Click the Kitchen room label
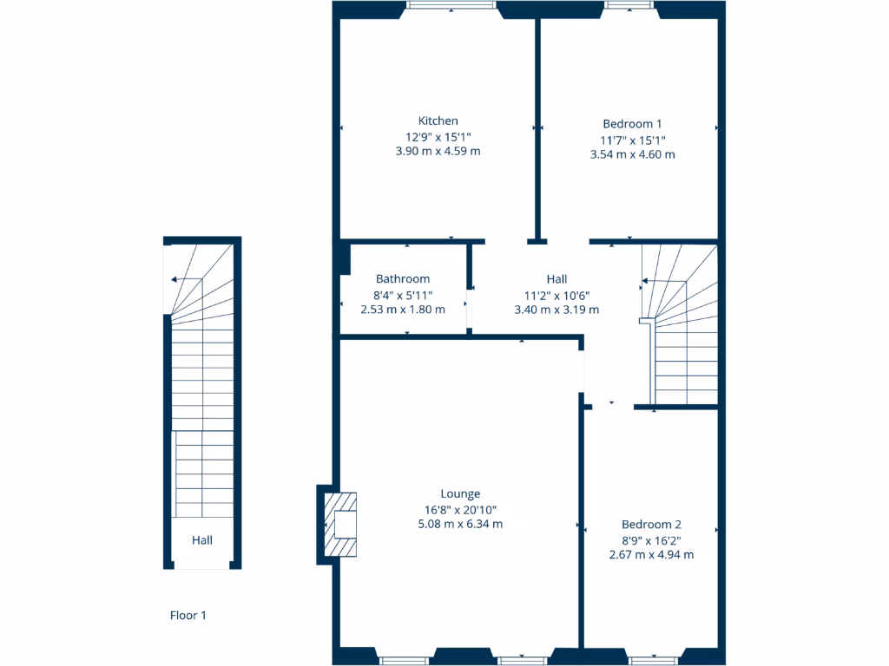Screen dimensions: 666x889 click(438, 121)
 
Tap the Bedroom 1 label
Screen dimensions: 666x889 click(632, 124)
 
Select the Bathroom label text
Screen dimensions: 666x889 click(402, 278)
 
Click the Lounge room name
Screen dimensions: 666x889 click(459, 493)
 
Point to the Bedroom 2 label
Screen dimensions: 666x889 click(651, 524)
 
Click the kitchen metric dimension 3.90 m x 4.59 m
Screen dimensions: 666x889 click(438, 151)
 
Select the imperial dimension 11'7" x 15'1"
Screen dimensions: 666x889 click(632, 140)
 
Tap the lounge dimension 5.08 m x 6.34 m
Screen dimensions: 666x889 click(459, 524)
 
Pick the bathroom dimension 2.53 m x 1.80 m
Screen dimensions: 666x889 click(402, 309)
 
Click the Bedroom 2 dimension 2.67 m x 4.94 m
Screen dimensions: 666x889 click(651, 554)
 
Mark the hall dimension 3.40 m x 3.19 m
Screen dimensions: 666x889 click(556, 309)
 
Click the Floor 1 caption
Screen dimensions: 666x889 click(188, 616)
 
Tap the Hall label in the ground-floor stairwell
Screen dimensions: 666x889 click(202, 540)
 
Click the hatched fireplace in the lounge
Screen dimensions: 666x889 click(339, 525)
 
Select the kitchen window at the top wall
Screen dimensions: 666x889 click(451, 5)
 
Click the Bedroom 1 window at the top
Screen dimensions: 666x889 click(630, 5)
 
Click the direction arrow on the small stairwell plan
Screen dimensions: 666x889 click(177, 279)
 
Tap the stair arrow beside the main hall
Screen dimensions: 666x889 click(646, 282)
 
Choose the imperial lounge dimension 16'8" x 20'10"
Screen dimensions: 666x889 click(459, 509)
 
